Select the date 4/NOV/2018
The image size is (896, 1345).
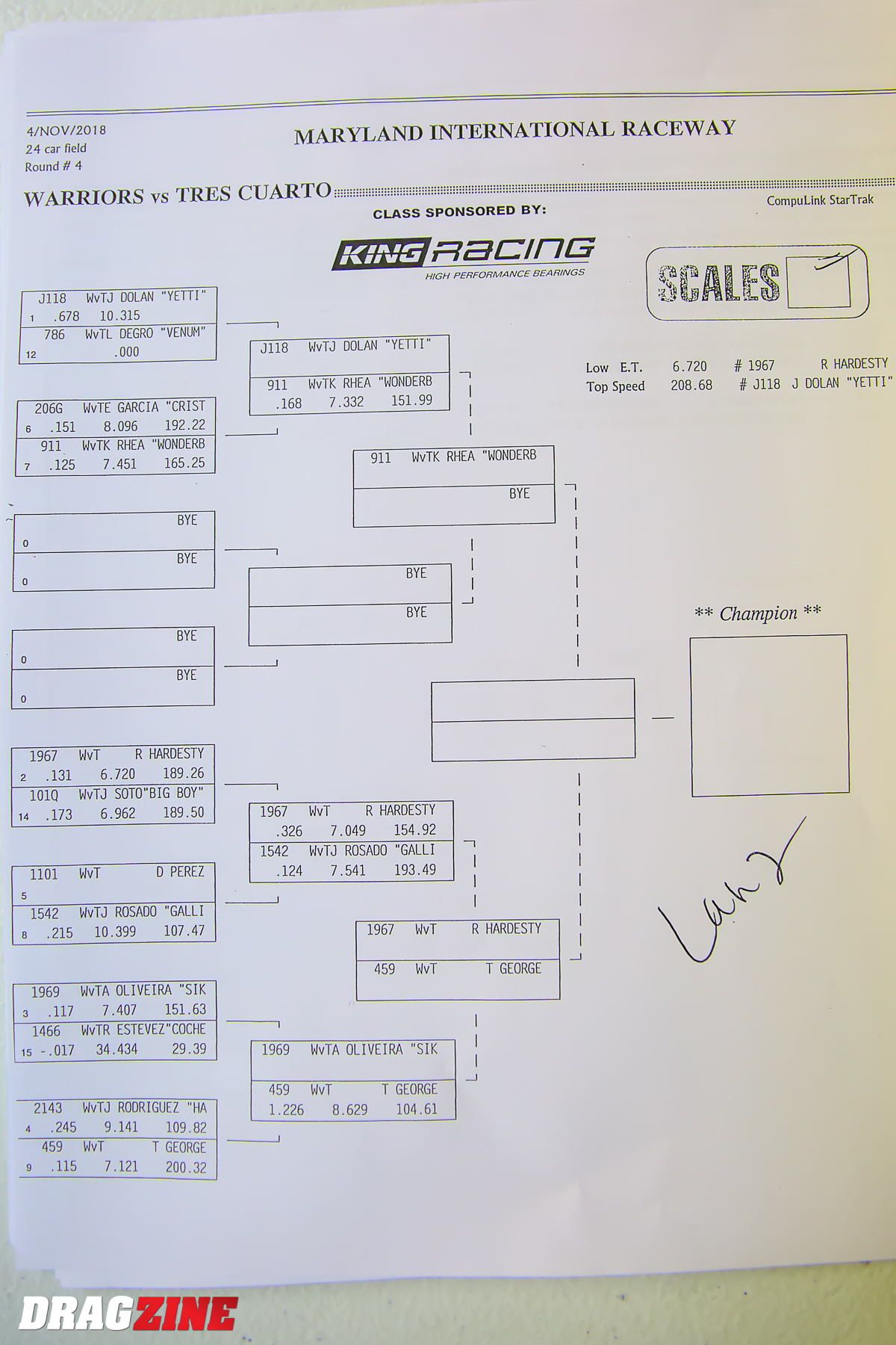click(x=66, y=131)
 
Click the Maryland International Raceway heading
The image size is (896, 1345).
click(x=515, y=132)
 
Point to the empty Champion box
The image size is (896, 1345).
click(x=769, y=715)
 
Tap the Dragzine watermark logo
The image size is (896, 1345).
click(x=128, y=1312)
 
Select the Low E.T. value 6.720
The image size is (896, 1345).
click(x=689, y=366)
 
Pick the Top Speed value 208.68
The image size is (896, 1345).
click(x=691, y=386)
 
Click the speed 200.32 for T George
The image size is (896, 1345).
click(x=186, y=1167)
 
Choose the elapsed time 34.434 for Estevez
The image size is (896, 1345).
click(x=116, y=1049)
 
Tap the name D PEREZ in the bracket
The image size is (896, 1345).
click(x=180, y=871)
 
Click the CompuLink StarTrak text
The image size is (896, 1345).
click(x=820, y=200)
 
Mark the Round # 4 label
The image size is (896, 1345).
click(x=54, y=166)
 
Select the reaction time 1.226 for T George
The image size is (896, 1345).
click(x=286, y=1110)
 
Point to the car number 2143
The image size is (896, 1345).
click(x=48, y=1108)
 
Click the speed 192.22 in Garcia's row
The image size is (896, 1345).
click(x=185, y=424)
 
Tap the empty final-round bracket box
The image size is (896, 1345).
click(x=533, y=720)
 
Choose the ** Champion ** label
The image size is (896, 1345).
click(x=758, y=613)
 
